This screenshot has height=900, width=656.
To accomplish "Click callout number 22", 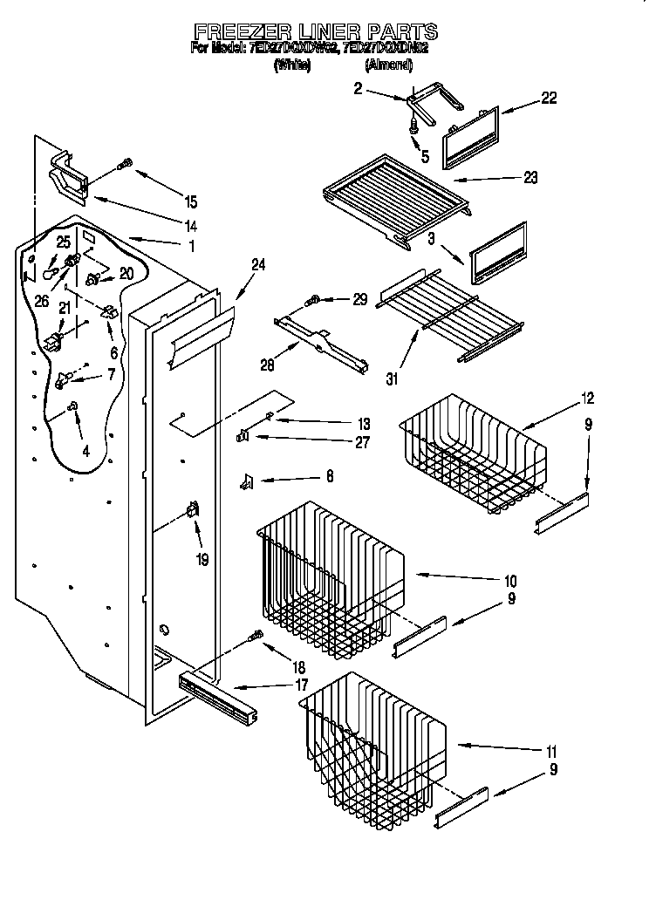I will click(549, 99).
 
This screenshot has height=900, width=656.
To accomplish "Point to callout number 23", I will click(530, 177).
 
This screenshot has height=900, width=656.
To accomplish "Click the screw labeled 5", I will click(413, 127).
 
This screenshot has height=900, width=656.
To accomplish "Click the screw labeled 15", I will click(126, 163).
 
